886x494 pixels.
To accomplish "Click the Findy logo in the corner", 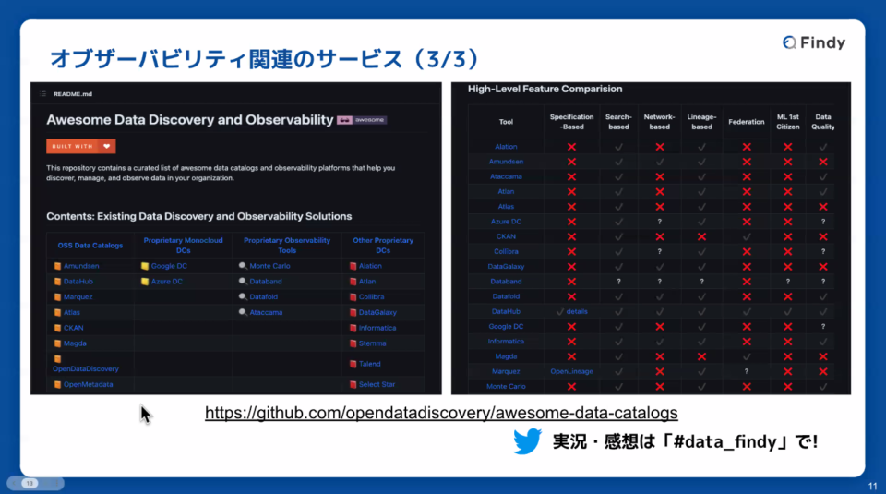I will click(x=813, y=42).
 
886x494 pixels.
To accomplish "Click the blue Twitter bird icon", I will click(x=527, y=441).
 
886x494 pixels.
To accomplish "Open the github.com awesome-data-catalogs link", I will click(x=441, y=412).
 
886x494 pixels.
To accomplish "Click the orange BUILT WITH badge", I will click(x=81, y=146).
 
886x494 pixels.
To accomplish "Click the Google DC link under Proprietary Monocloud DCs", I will click(x=169, y=265).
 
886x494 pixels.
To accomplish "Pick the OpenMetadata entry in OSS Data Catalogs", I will click(x=88, y=384).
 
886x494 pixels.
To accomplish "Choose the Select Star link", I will click(x=377, y=384).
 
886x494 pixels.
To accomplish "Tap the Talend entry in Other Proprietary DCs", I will click(x=370, y=364).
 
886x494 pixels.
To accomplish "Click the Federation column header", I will click(x=746, y=122).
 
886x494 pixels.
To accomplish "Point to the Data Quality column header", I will click(x=823, y=122).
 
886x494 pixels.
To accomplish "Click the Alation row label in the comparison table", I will click(x=506, y=147).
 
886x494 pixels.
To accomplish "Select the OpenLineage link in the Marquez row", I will click(x=571, y=371).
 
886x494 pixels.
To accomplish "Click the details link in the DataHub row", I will click(x=577, y=311).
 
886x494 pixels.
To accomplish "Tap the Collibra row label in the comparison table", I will click(x=506, y=251).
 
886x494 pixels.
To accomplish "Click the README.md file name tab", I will click(x=73, y=94).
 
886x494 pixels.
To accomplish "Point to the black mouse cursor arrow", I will click(x=145, y=413).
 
